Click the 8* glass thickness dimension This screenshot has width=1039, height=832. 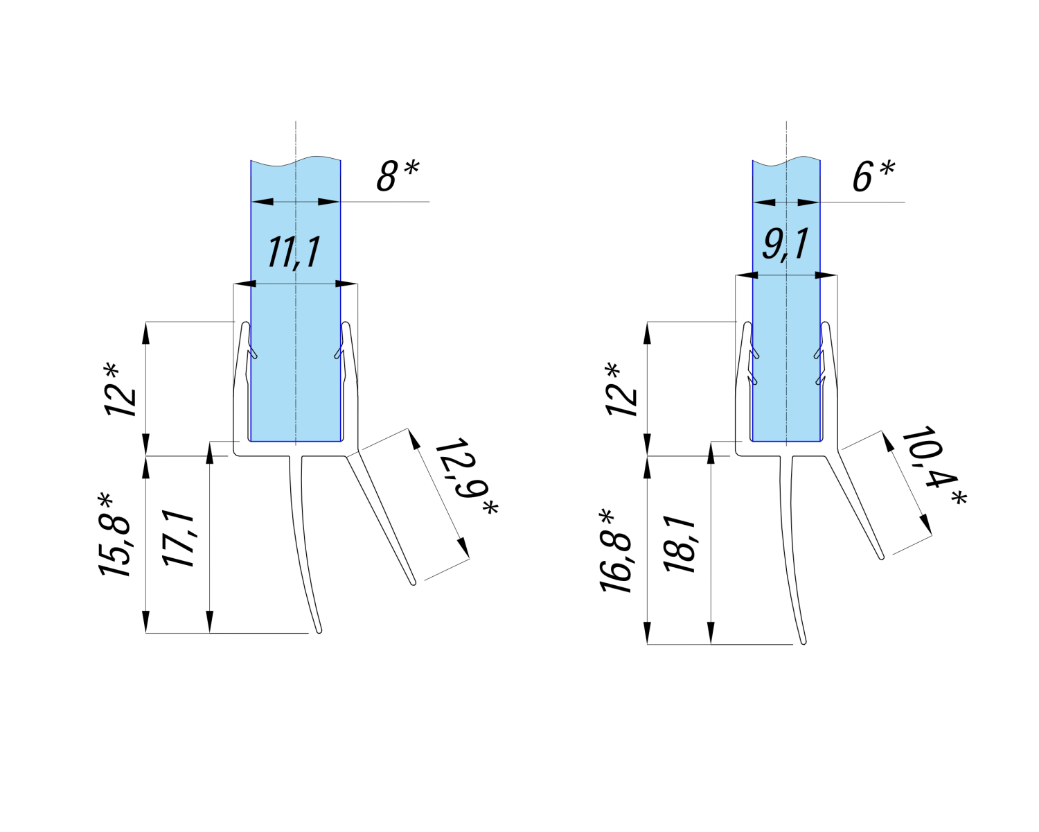point(398,175)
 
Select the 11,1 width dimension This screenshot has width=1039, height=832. point(295,252)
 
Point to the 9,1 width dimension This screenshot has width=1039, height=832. point(785,244)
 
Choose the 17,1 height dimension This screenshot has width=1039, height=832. point(178,539)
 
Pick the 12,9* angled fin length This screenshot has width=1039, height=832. point(465,478)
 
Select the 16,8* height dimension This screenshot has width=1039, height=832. point(616,551)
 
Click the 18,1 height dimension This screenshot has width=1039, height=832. point(680,544)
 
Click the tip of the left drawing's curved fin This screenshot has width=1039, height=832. point(319,631)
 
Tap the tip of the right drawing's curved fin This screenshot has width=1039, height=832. point(803,642)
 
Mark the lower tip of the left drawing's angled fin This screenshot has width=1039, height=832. point(414,582)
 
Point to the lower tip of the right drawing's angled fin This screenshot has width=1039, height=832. point(881,556)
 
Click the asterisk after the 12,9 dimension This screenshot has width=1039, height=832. point(490,508)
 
